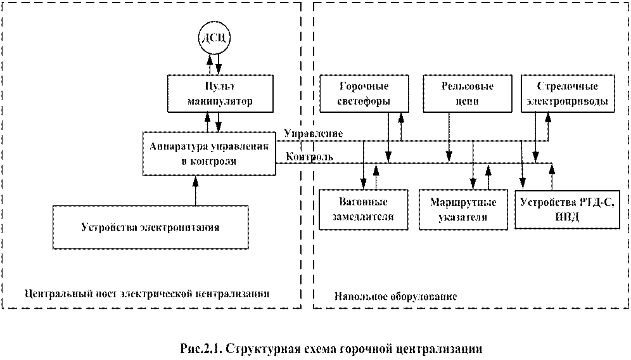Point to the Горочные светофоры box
tap(364, 94)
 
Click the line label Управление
tap(314, 134)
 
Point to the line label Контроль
tap(307, 157)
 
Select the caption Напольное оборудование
tap(395, 296)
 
